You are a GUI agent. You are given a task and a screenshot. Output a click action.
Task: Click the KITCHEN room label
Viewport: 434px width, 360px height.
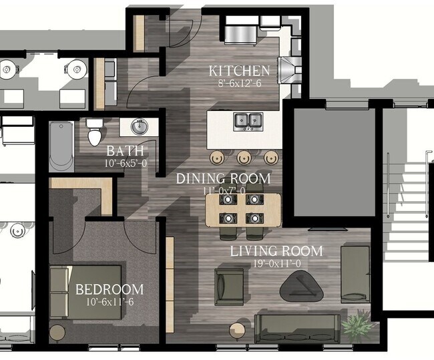(x=239, y=71)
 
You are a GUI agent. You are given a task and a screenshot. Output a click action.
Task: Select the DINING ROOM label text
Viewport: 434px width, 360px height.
(x=223, y=178)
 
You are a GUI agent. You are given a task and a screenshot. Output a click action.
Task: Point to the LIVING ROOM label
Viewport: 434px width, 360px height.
(x=276, y=251)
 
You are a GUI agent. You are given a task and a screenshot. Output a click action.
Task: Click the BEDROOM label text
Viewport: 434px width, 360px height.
(x=110, y=289)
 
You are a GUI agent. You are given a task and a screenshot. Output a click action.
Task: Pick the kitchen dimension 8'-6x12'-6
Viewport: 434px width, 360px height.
(x=239, y=83)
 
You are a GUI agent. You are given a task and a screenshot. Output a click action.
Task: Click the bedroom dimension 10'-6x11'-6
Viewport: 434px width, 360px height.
(x=110, y=302)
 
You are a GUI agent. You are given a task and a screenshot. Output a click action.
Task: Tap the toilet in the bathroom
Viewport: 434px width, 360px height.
(x=95, y=132)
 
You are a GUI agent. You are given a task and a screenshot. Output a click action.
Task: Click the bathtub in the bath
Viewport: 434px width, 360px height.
(x=60, y=146)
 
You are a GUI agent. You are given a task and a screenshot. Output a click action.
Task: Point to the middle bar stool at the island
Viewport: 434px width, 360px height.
(x=244, y=158)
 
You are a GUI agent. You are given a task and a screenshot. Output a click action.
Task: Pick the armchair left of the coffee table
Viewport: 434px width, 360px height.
(x=229, y=286)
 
